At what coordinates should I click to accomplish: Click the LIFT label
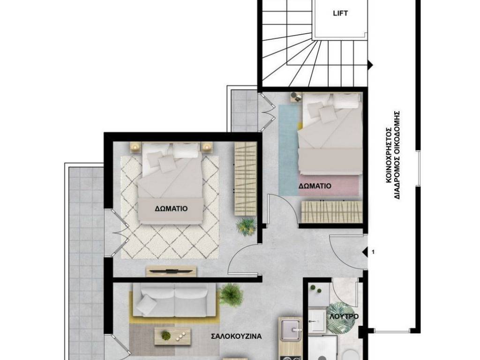(340, 14)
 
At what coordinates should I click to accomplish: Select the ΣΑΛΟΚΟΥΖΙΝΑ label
(236, 336)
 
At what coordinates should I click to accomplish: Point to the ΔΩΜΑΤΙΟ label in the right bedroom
(315, 186)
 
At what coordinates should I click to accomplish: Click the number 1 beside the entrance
(373, 252)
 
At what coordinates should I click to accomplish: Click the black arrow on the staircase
(370, 65)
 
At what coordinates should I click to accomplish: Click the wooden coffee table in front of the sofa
(173, 335)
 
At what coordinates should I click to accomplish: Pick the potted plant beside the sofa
(231, 295)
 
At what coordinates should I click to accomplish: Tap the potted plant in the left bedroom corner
(247, 227)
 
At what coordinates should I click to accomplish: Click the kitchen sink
(290, 330)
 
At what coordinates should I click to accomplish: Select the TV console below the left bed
(171, 271)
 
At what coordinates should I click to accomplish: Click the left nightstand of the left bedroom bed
(135, 147)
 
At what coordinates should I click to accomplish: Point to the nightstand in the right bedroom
(295, 97)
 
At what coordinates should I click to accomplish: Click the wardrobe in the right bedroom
(332, 211)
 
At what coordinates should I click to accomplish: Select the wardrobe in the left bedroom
(245, 180)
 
